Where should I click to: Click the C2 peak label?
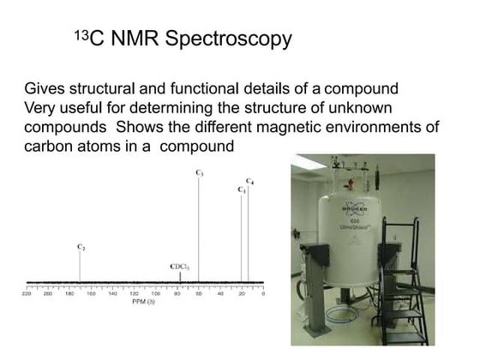[81, 247]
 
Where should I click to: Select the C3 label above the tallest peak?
[199, 173]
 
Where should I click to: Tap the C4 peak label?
[249, 181]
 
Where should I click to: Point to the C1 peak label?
[241, 189]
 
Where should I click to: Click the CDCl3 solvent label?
[180, 267]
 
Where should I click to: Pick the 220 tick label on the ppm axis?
[27, 294]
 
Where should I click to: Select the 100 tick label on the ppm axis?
[155, 294]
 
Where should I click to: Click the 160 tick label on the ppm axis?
[91, 294]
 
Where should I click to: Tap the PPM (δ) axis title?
[143, 302]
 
